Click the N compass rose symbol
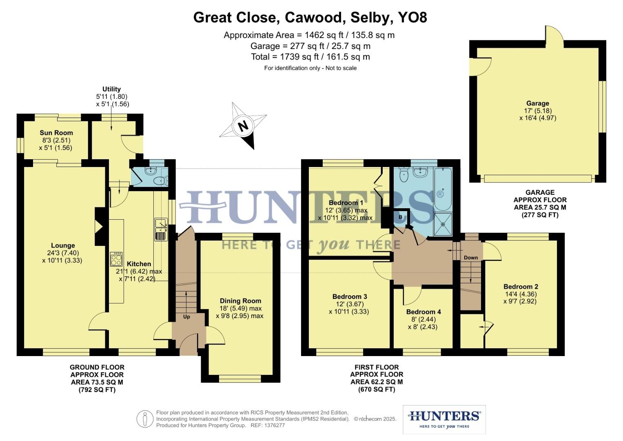tap(243, 126)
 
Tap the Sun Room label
tap(56, 133)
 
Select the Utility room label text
tap(111, 89)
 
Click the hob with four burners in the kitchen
tap(116, 259)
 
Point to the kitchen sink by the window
tap(161, 229)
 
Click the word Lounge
tap(63, 245)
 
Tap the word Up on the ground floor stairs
tap(186, 316)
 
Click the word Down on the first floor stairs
tap(471, 257)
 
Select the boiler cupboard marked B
tap(400, 217)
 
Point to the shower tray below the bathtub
tap(443, 224)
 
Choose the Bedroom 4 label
tap(423, 312)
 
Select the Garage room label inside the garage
tap(537, 103)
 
